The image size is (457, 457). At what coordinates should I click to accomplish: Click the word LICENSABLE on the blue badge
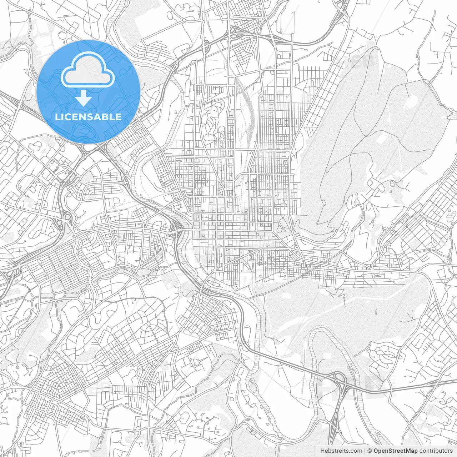click(88, 117)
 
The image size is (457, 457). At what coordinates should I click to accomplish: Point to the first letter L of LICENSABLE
click(58, 117)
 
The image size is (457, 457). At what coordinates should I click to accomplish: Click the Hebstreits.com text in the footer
click(341, 451)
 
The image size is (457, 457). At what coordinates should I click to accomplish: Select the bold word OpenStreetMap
click(396, 451)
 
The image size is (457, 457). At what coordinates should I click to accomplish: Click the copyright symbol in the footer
click(370, 451)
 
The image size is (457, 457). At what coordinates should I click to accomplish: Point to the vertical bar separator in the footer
click(365, 451)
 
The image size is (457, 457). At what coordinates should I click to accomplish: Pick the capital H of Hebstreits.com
click(322, 451)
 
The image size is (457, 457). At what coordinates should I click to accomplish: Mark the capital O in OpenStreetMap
click(376, 451)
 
